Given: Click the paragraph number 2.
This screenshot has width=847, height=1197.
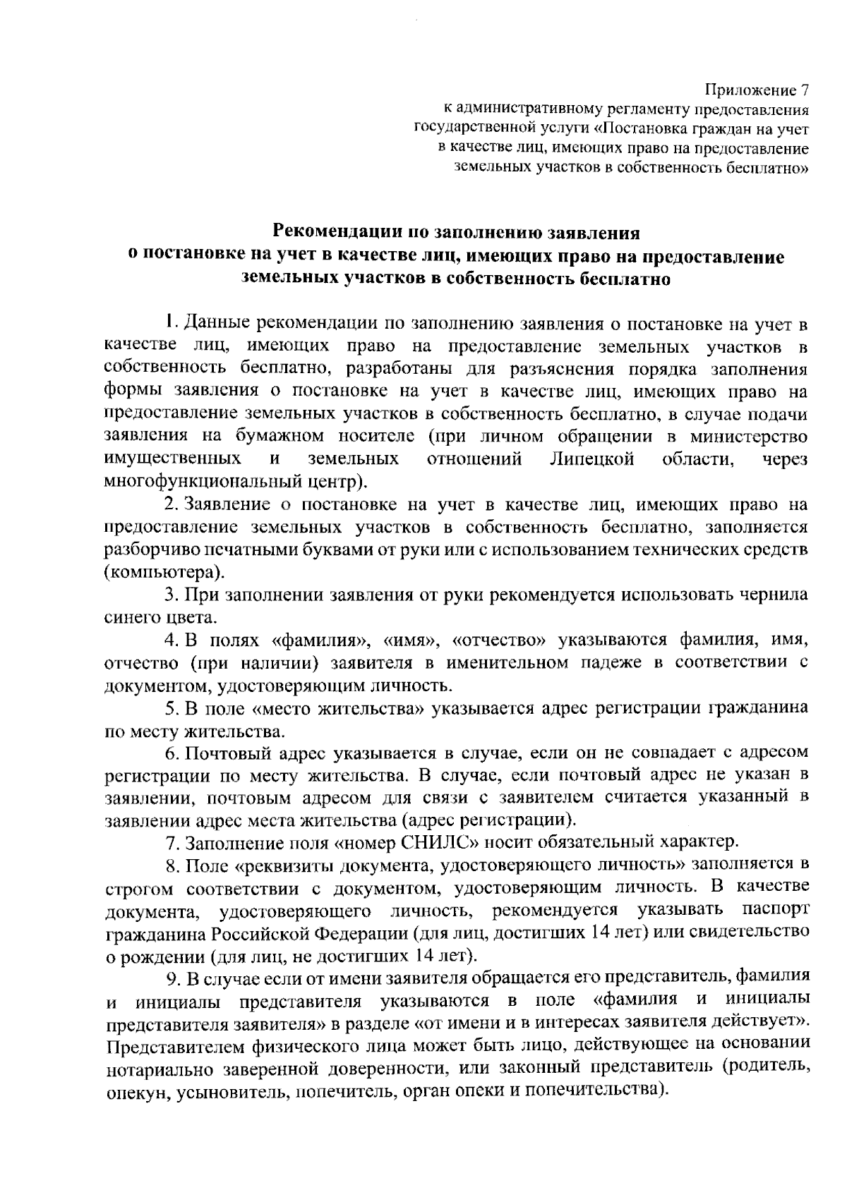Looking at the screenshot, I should click(x=169, y=505).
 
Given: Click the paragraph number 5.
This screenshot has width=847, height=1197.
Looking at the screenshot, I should click(x=169, y=708).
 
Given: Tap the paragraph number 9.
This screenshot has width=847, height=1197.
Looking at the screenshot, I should click(x=171, y=978).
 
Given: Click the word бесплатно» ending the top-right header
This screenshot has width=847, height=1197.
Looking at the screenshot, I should click(x=768, y=168).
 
